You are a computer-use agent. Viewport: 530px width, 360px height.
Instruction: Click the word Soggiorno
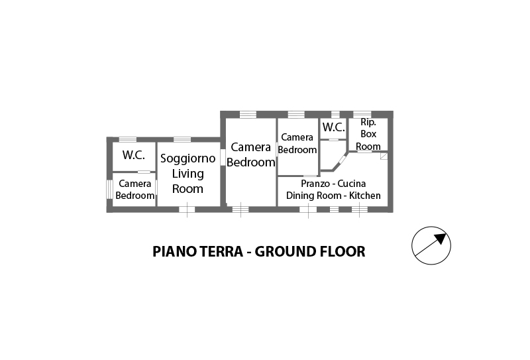click(187, 158)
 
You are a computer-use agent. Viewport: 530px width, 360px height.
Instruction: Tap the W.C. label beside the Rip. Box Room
click(333, 127)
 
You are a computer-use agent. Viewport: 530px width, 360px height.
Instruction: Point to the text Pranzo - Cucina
click(333, 183)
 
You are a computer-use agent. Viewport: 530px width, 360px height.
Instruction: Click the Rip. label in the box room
click(368, 122)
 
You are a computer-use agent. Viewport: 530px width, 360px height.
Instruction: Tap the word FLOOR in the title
click(341, 252)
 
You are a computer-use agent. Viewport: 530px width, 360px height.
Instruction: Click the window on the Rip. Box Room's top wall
click(362, 114)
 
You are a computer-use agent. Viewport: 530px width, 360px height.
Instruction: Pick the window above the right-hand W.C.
click(335, 114)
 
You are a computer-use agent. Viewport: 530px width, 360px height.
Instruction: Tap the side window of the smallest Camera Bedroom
click(109, 189)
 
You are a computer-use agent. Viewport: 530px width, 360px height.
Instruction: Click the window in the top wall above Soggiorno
click(182, 139)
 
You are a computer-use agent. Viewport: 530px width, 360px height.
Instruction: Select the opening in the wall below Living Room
click(187, 210)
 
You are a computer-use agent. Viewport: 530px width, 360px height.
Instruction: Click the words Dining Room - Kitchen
click(333, 196)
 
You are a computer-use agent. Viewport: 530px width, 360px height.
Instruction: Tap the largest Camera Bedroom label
click(251, 154)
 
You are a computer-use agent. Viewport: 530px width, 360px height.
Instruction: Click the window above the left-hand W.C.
click(127, 139)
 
